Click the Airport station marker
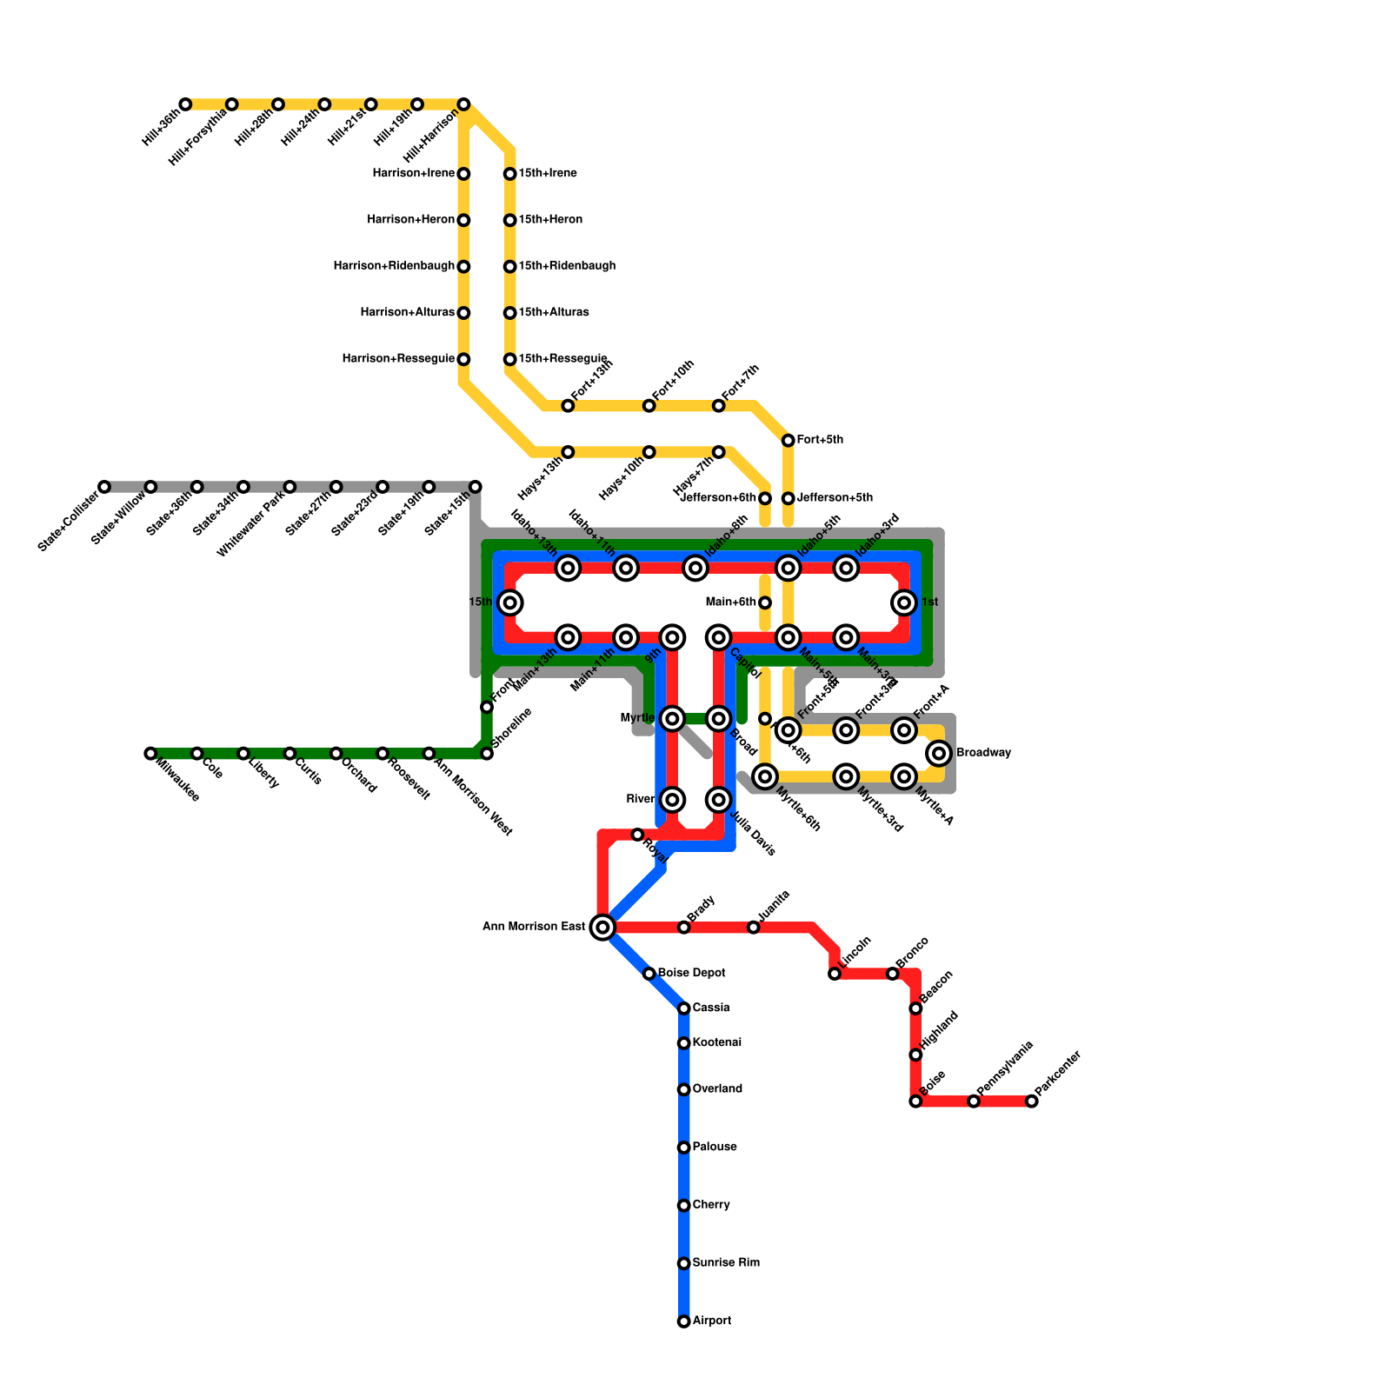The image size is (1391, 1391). [684, 1321]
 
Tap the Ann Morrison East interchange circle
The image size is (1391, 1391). [602, 928]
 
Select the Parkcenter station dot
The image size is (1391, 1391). [1031, 1101]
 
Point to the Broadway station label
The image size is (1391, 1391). [983, 753]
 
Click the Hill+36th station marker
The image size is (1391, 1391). [185, 104]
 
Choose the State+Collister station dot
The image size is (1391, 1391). [104, 487]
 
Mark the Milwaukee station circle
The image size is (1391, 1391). [150, 753]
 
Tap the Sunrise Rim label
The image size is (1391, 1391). [726, 1263]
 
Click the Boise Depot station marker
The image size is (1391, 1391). [649, 974]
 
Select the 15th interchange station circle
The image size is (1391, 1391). [510, 602]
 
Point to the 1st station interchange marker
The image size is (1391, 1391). [904, 602]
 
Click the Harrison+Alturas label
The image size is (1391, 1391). [407, 313]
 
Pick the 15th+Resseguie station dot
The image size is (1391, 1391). [510, 359]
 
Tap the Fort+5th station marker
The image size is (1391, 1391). [789, 441]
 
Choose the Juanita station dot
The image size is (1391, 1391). [754, 928]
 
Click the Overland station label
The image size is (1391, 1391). [717, 1089]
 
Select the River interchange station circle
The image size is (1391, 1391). [672, 800]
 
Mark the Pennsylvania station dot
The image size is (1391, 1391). [974, 1101]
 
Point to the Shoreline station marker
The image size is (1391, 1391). [487, 753]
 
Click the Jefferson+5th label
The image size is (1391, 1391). [835, 498]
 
